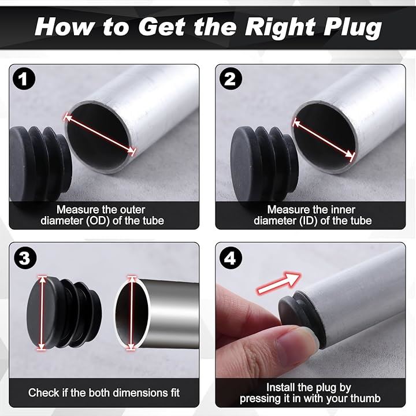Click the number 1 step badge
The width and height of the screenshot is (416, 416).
[x=24, y=79]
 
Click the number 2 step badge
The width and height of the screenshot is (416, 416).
[x=231, y=79]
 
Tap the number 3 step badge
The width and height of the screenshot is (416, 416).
[x=25, y=257]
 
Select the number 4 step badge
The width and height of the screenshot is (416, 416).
[x=231, y=257]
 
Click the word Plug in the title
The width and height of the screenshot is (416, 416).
[x=352, y=27]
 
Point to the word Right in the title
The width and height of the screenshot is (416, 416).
[x=280, y=27]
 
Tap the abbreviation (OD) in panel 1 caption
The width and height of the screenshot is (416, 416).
[x=98, y=221]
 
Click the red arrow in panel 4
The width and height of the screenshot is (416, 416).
[x=278, y=283]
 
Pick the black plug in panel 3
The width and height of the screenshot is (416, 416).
[x=64, y=313]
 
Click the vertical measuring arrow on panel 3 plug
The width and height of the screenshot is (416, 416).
[x=42, y=313]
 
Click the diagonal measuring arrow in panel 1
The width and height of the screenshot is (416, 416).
[x=100, y=134]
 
